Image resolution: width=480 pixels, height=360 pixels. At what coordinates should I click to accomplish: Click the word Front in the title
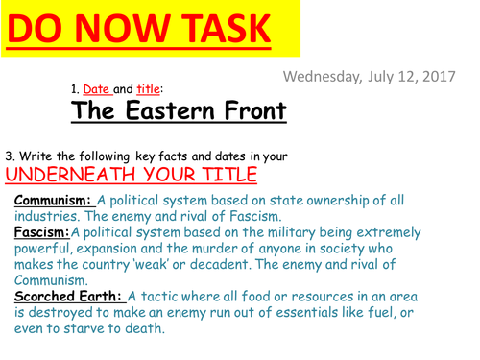pyautogui.click(x=254, y=111)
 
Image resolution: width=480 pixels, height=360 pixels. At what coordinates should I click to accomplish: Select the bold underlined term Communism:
pyautogui.click(x=53, y=200)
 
